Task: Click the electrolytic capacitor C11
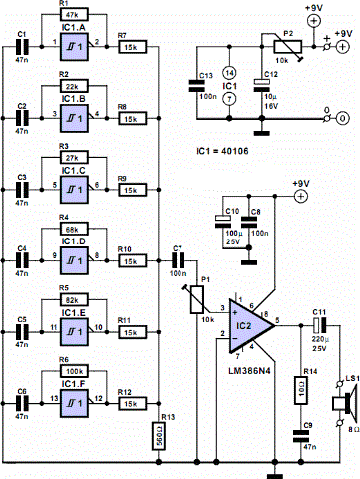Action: [320, 324]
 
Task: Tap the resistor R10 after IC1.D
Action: [130, 261]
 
